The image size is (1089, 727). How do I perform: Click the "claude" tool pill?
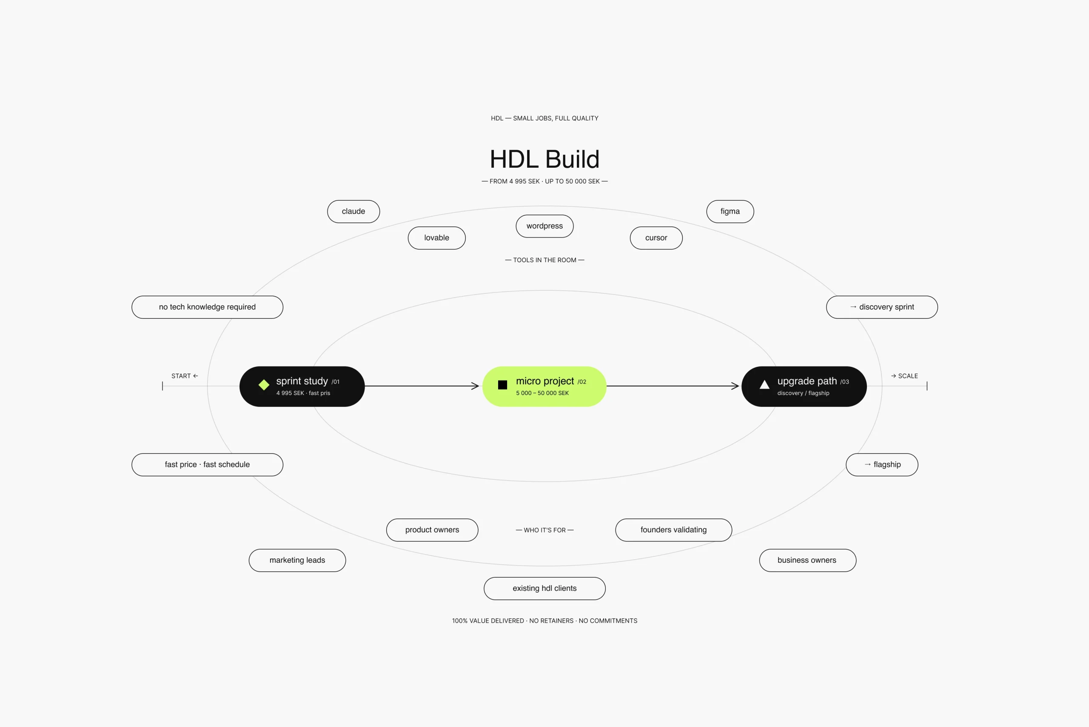[x=353, y=212]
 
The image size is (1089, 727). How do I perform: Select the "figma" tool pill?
[x=730, y=212]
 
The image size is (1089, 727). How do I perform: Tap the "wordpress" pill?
[x=544, y=226]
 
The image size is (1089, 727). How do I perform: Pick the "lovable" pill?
[x=436, y=238]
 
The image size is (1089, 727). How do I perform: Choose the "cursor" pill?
[x=656, y=238]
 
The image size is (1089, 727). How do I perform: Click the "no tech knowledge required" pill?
[x=207, y=307]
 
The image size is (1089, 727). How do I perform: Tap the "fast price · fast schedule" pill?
[x=207, y=464]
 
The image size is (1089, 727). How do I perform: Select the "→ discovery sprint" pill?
[x=882, y=307]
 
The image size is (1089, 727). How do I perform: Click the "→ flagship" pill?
[x=882, y=464]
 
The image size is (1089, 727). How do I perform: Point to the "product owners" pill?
[x=432, y=530]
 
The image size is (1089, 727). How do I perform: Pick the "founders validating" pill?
[x=674, y=530]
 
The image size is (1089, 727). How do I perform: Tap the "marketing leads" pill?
[x=297, y=561]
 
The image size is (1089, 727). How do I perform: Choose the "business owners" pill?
[x=807, y=561]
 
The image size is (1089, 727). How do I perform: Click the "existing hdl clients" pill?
[x=544, y=588]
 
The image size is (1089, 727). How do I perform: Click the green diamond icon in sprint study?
[x=264, y=385]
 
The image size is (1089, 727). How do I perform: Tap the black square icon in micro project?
[x=502, y=385]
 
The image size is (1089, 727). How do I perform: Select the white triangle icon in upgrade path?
[x=764, y=384]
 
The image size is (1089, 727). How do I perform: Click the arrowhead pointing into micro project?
[x=476, y=386]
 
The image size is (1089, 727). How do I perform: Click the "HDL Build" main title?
[x=544, y=159]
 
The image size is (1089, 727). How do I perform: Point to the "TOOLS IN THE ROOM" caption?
[x=544, y=260]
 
